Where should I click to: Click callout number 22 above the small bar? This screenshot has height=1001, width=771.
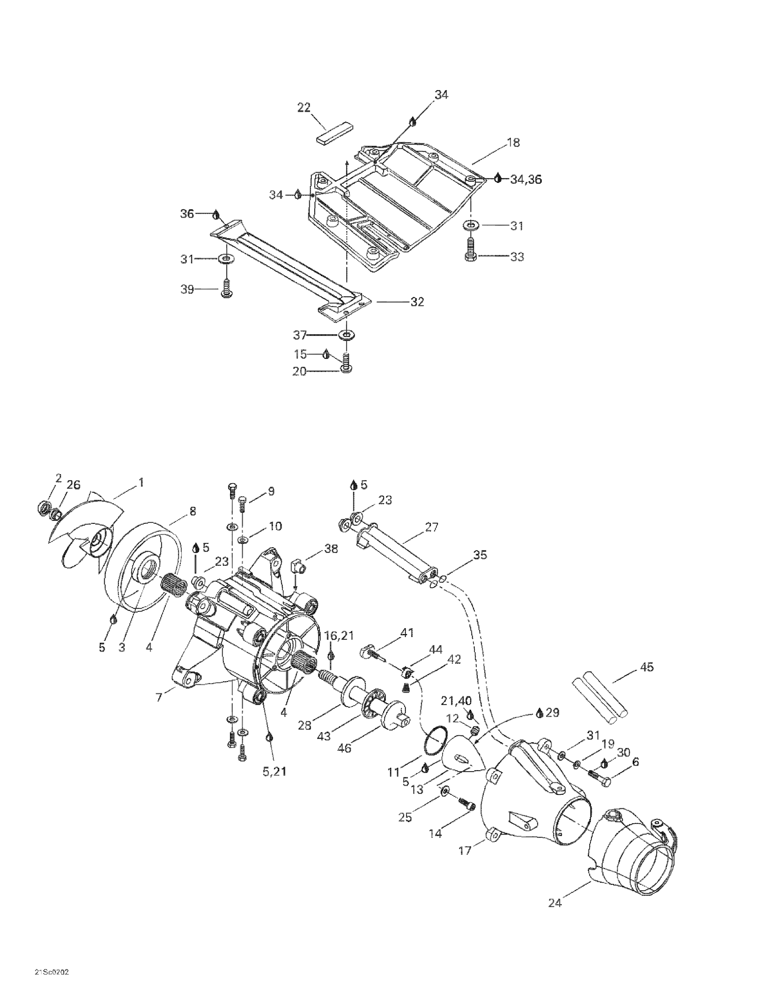coord(304,108)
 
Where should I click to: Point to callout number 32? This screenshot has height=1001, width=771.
coord(417,302)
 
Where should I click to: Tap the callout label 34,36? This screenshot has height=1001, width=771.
coord(526,180)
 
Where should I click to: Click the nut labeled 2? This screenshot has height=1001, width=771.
coord(43,508)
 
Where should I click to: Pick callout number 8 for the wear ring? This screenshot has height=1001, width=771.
coord(192,511)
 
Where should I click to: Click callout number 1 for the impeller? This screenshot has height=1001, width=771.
coord(141,482)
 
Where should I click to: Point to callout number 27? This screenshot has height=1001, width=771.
coord(431,527)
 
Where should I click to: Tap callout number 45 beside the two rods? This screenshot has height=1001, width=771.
coord(647,667)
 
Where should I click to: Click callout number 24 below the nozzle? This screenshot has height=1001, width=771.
coord(554,903)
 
